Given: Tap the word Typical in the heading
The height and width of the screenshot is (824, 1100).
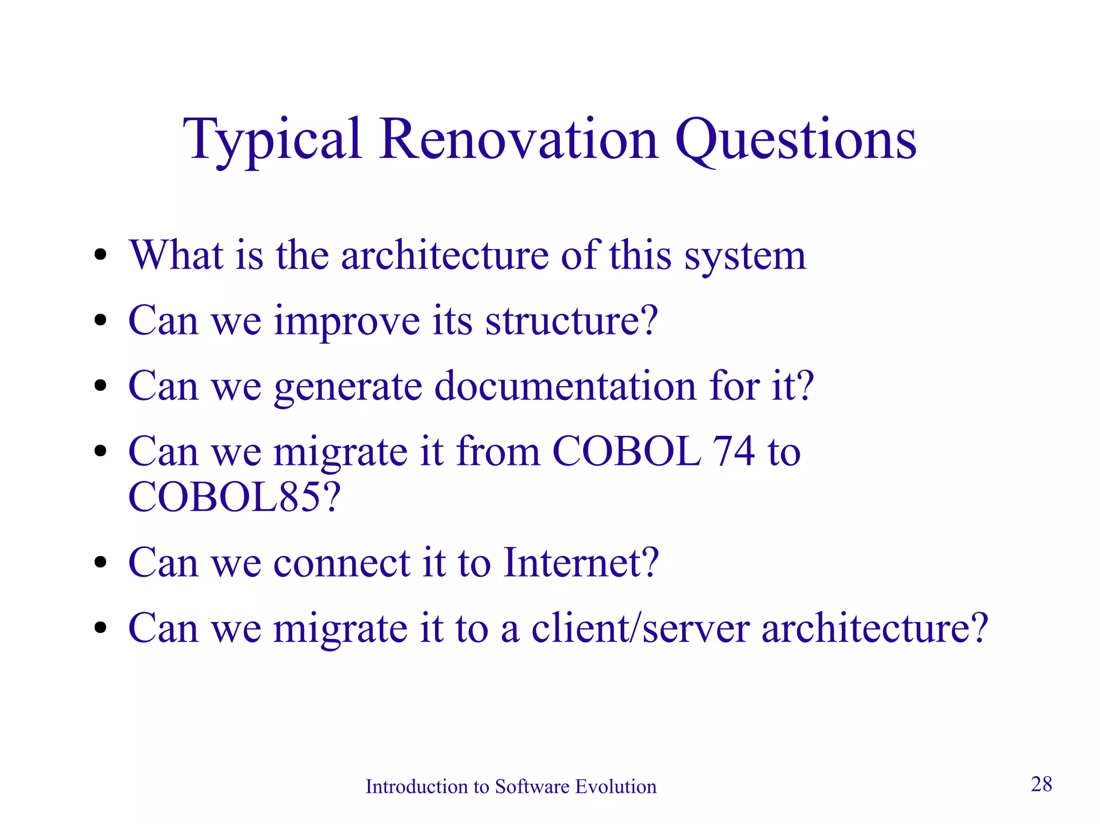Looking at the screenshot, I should coord(272,141).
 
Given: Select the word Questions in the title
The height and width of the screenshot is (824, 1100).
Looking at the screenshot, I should coord(795,141).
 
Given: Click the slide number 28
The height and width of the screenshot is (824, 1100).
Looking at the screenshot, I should coord(1041,784).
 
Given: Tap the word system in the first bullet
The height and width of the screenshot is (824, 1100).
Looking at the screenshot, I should coord(745,257).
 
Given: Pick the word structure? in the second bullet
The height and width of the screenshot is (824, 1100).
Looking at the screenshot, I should coord(571,321).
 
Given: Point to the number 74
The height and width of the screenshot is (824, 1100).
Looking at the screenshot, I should coord(733,451).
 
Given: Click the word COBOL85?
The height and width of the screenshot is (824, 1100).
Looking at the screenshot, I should coord(234,497).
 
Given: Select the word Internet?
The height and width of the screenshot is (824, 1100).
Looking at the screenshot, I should coord(581,563).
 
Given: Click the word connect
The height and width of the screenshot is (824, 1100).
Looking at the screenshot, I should coord(342,564).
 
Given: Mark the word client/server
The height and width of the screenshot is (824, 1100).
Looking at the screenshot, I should coord(640,628).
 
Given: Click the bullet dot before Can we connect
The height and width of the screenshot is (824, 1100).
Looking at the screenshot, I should coord(100,563).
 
